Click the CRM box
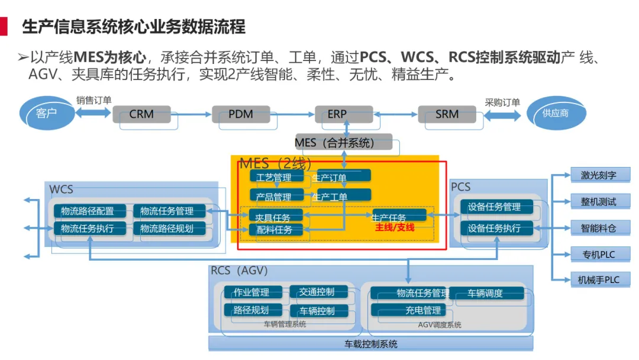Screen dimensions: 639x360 [141, 114]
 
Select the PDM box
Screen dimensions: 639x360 [241, 114]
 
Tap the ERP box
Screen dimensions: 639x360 [344, 114]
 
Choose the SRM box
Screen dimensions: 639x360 [447, 114]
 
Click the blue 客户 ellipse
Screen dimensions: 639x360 [47, 113]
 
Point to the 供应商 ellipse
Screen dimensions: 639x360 [556, 113]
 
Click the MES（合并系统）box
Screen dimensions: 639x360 [344, 142]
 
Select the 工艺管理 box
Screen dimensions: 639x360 [277, 176]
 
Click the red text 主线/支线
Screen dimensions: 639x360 [395, 227]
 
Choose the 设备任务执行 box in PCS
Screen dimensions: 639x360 [496, 228]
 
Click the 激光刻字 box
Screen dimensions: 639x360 [601, 175]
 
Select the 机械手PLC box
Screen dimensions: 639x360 [601, 279]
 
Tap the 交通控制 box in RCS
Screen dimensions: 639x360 [318, 291]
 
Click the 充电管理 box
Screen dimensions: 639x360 [408, 310]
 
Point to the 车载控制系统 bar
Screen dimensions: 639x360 [371, 343]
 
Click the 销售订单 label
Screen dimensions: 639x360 [93, 100]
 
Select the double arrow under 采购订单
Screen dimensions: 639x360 [502, 116]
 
